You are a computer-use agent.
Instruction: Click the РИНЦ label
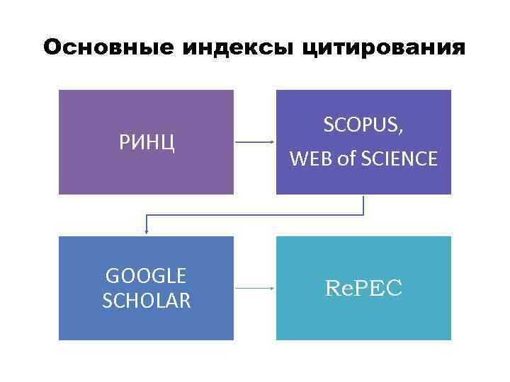point(146,143)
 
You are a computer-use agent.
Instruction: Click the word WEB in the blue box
point(310,160)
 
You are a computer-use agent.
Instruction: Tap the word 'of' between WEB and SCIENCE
point(346,160)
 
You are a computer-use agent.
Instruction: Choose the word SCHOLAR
point(146,301)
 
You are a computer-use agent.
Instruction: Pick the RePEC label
point(363,288)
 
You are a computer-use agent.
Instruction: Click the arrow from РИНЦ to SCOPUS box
point(254,142)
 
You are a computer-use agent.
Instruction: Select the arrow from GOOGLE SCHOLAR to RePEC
point(254,288)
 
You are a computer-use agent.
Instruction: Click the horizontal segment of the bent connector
point(255,214)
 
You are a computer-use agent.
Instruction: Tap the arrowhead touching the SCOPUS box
point(273,142)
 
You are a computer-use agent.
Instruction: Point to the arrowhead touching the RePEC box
point(273,288)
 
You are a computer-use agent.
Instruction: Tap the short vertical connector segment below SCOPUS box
point(363,204)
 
